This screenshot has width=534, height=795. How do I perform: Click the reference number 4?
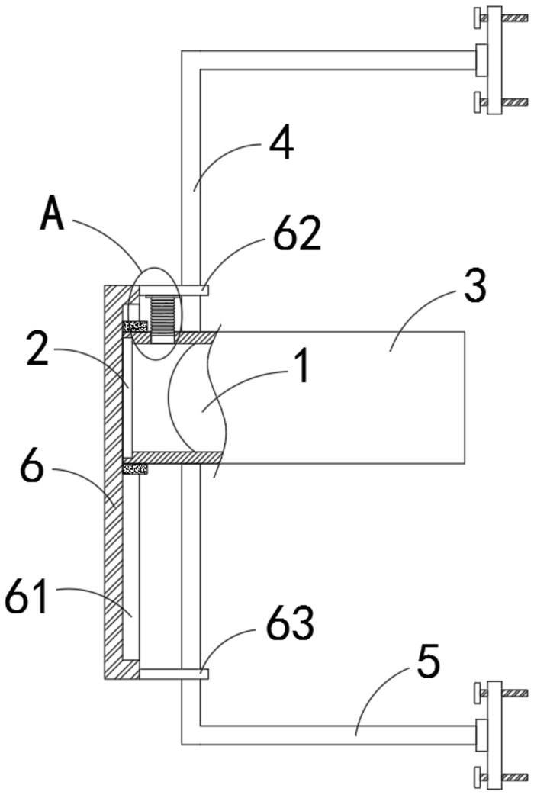[281, 144]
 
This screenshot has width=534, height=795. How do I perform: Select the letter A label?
[53, 214]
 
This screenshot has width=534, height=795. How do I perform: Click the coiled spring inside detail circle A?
[163, 314]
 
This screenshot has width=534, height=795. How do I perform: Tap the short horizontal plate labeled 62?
[172, 290]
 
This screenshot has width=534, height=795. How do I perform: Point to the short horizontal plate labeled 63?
[173, 674]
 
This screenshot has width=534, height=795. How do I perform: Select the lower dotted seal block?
[135, 469]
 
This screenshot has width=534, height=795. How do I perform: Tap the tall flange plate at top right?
[494, 60]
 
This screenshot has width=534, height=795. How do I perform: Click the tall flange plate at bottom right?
[494, 734]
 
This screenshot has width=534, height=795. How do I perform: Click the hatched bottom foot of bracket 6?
[122, 669]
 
